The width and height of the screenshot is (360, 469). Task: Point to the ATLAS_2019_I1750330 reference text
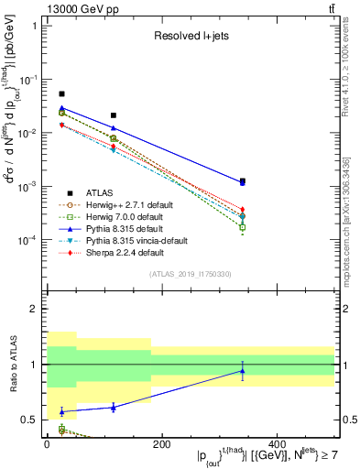(191, 273)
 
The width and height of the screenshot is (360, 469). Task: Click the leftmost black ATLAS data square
(61, 93)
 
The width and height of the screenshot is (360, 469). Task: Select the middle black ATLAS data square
(113, 115)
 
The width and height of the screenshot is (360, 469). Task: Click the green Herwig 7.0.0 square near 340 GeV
(242, 226)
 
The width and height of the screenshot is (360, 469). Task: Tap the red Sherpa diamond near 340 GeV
(242, 210)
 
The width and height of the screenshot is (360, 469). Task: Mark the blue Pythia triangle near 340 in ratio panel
(242, 371)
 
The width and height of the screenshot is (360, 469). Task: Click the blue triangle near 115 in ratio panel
(113, 407)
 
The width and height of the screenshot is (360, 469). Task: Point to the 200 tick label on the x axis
(161, 444)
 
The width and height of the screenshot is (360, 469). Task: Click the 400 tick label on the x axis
(277, 444)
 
